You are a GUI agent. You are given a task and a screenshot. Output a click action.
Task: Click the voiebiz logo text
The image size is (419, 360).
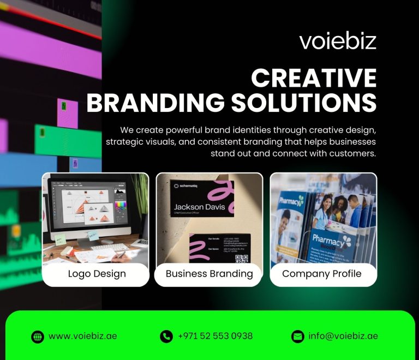click(x=338, y=41)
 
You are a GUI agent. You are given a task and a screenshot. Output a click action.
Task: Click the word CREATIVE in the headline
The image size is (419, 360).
click(x=314, y=79)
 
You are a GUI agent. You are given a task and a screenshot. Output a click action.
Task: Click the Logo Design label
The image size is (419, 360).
click(x=97, y=274)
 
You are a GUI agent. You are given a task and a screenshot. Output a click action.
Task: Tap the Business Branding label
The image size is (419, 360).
click(x=209, y=274)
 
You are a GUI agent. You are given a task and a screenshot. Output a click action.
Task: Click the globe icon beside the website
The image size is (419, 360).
click(x=37, y=337)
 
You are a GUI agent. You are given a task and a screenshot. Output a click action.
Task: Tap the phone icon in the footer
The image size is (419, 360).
click(x=166, y=337)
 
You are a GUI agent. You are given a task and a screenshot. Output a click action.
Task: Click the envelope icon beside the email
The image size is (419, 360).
click(x=297, y=337)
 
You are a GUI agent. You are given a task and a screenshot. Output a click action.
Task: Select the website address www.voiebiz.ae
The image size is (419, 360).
click(x=82, y=336)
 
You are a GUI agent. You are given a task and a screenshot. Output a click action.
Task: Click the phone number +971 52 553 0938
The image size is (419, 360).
click(x=215, y=336)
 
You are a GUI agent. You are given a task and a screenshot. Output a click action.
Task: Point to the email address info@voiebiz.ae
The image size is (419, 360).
click(x=343, y=336)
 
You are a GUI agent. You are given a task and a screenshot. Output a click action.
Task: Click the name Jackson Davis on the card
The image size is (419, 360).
click(x=199, y=207)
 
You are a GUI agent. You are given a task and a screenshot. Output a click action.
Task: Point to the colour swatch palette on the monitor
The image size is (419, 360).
click(x=120, y=206)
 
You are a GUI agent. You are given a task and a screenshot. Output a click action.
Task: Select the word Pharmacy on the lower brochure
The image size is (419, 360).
click(x=327, y=239)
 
